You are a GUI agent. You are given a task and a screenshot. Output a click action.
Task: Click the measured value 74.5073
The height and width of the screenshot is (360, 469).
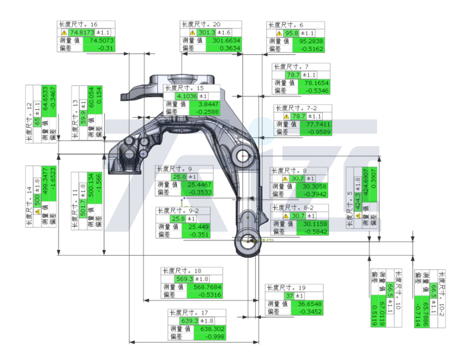pyautogui.click(x=101, y=40)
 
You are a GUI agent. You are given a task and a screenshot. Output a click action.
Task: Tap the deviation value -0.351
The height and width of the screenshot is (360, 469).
pyautogui.click(x=199, y=234)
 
